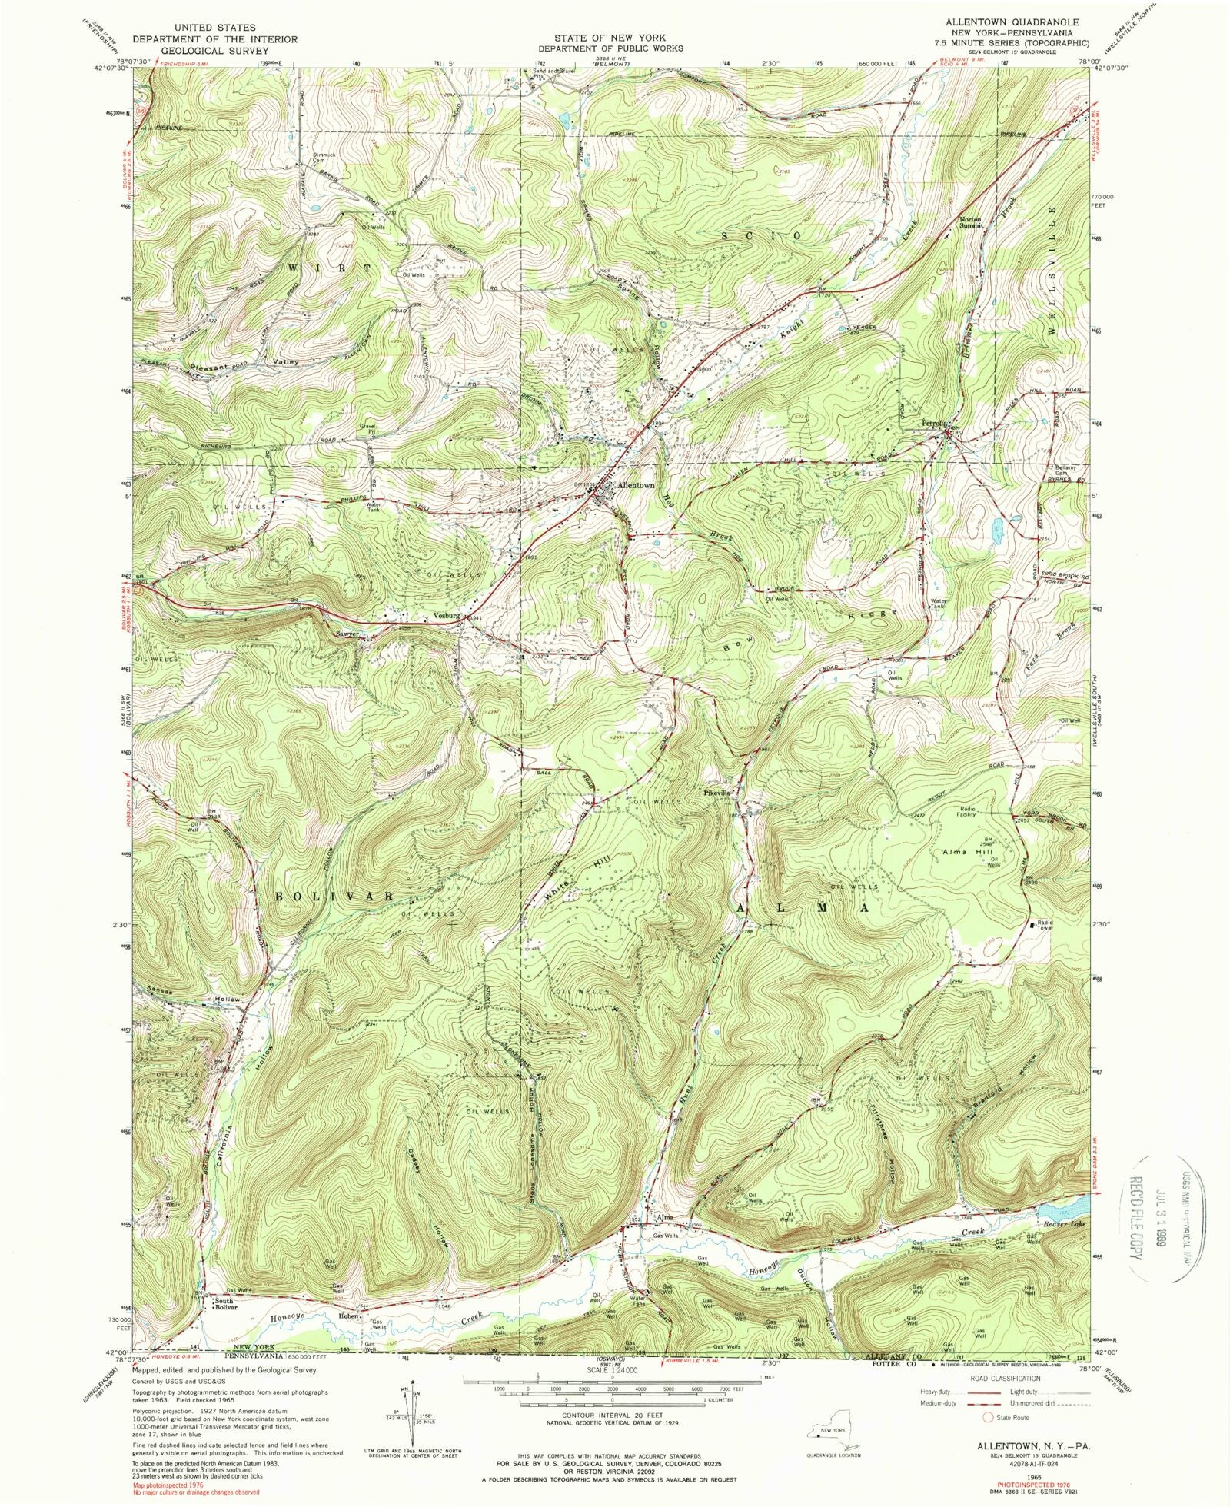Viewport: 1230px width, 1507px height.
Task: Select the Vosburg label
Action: click(445, 616)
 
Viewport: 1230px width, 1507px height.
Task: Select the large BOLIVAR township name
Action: click(335, 897)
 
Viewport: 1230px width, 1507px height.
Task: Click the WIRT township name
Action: click(329, 268)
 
